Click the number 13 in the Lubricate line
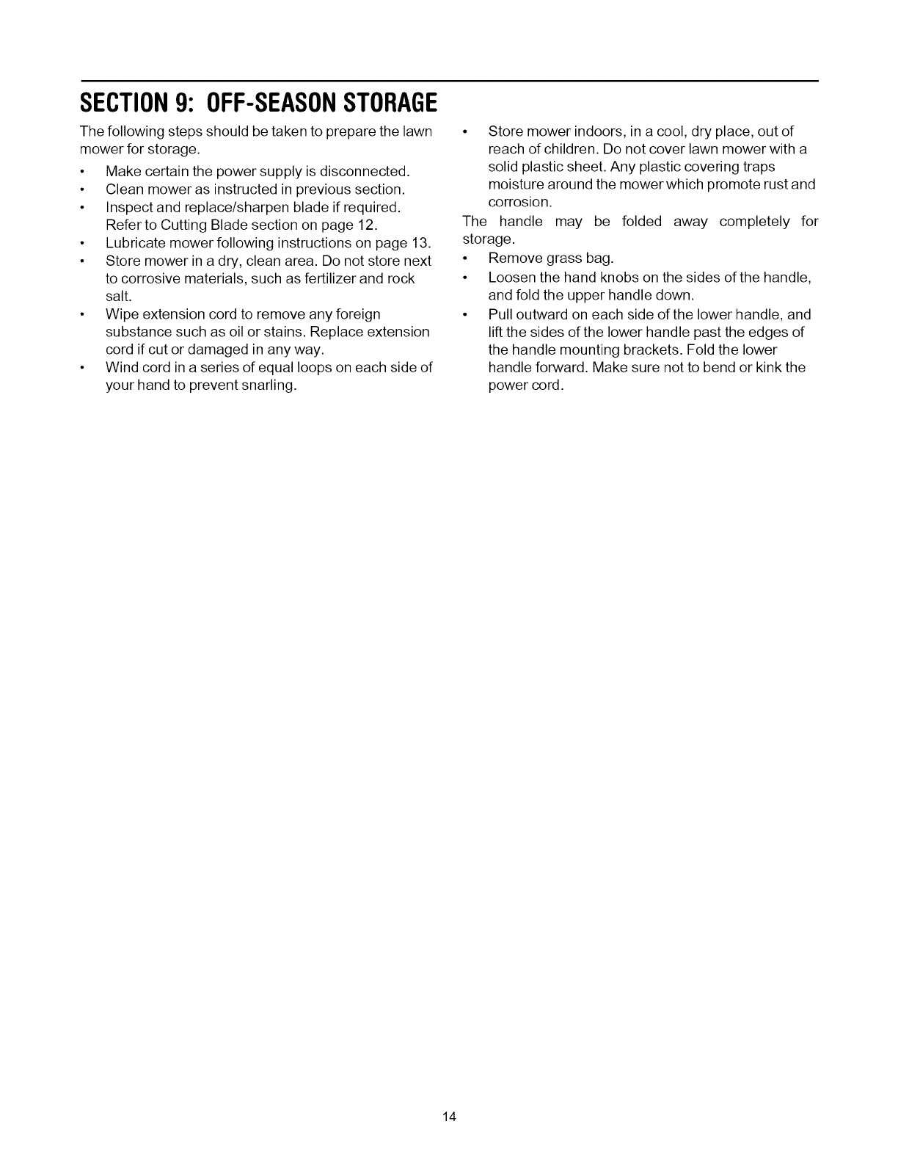click(420, 243)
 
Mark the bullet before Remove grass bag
click(465, 259)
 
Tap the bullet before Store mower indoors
click(465, 132)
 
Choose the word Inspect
click(129, 208)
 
